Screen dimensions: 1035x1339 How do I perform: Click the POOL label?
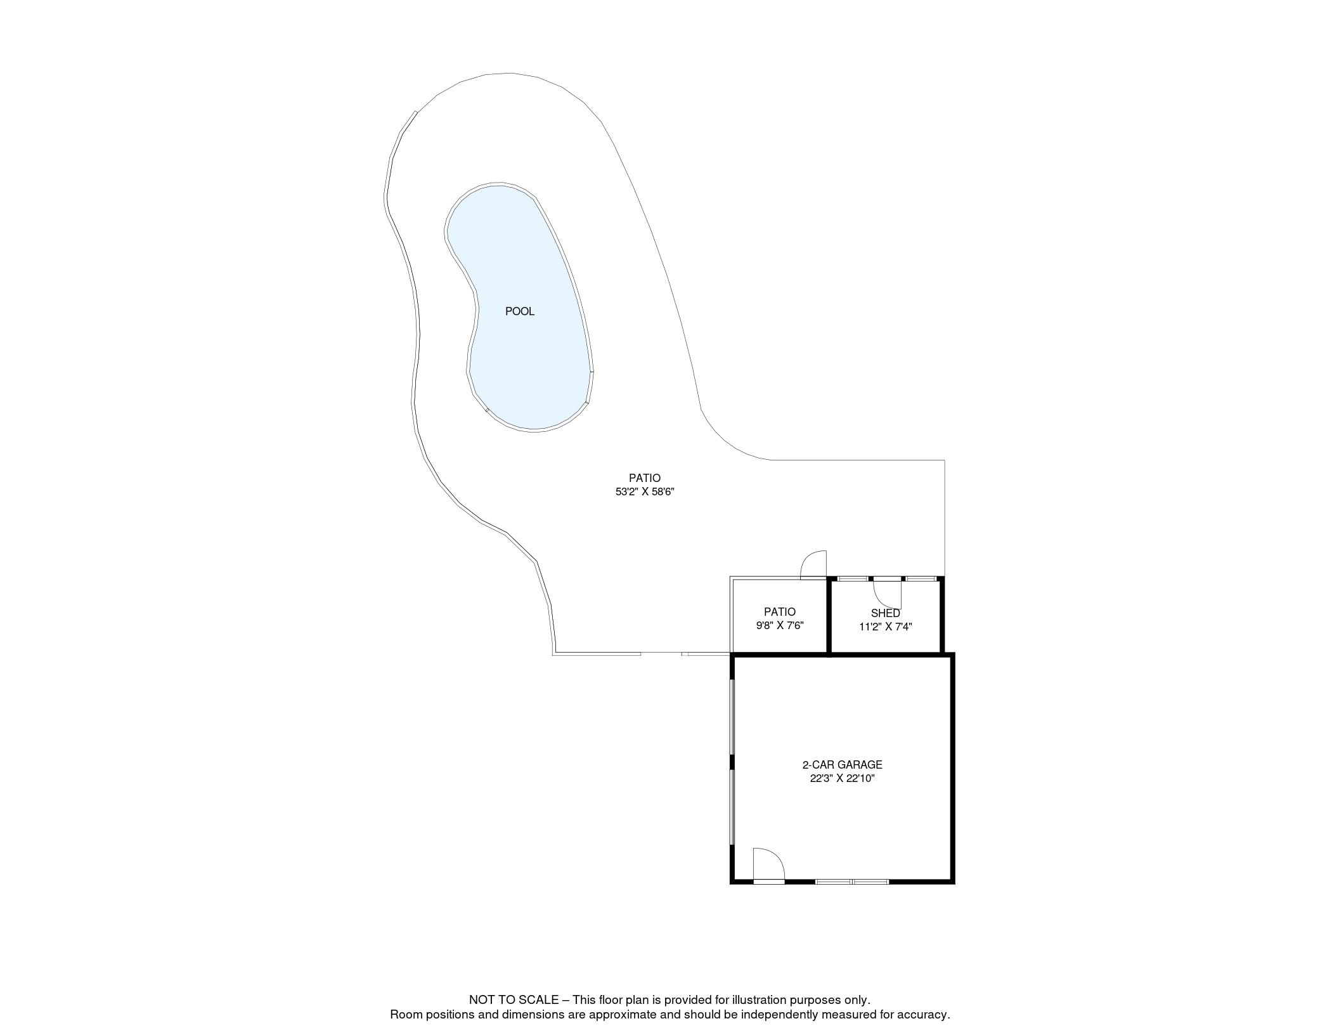(519, 311)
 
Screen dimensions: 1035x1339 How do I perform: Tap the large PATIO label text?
(644, 478)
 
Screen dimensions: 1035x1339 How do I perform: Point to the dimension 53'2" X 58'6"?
(644, 491)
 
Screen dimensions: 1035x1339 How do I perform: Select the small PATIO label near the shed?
(779, 612)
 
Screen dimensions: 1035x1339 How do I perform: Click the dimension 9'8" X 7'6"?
(779, 625)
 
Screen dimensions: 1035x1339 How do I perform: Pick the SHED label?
(885, 613)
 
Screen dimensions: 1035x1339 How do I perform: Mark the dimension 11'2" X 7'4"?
(885, 627)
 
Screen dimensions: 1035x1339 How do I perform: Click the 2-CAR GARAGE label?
(842, 765)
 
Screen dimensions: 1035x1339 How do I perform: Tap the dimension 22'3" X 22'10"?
(842, 779)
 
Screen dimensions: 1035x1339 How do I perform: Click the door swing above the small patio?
(815, 564)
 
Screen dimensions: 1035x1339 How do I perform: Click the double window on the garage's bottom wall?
(851, 881)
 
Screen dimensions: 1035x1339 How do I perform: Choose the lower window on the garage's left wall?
(732, 807)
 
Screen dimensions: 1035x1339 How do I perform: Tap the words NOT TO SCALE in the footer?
(514, 1000)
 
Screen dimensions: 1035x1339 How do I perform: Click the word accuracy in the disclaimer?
(925, 1015)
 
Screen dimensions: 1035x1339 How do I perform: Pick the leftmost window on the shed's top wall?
(853, 578)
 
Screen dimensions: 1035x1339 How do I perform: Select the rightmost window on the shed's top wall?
(921, 578)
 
